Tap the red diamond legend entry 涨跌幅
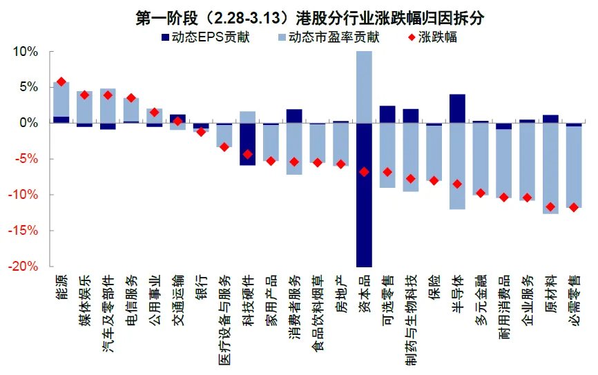tap(431, 37)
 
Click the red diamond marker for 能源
tap(61, 81)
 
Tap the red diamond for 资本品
tap(364, 171)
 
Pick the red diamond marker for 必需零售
tap(573, 207)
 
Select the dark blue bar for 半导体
tap(457, 108)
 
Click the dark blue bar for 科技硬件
tap(247, 144)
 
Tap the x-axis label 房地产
tap(340, 290)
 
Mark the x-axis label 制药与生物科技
tap(410, 311)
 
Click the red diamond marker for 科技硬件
tap(247, 154)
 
